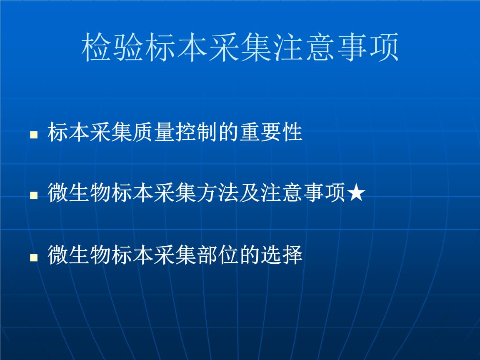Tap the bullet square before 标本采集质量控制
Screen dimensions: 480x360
pos(34,135)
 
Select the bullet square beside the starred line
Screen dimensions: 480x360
pos(34,195)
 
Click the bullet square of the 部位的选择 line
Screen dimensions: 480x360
pos(34,257)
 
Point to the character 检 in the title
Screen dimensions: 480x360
pos(97,47)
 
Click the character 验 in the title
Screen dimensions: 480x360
pos(129,47)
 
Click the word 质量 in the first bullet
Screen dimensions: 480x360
pos(154,132)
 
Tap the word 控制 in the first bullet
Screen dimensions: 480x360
pos(197,132)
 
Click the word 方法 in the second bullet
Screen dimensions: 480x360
pos(218,193)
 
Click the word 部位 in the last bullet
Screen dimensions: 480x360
pos(218,255)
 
